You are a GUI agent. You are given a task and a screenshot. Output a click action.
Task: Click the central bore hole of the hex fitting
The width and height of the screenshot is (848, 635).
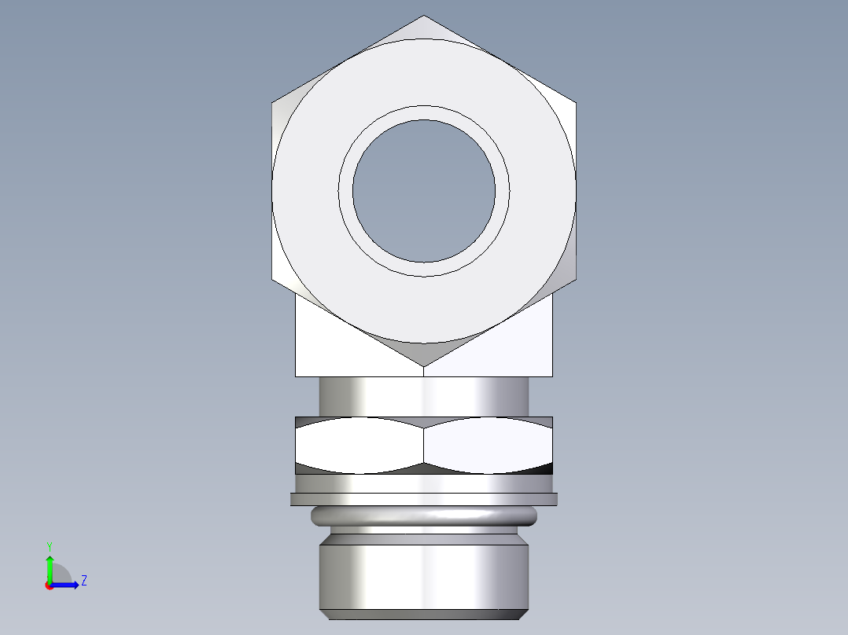(x=424, y=191)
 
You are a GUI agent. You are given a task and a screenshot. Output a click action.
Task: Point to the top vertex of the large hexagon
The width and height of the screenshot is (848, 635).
(x=424, y=16)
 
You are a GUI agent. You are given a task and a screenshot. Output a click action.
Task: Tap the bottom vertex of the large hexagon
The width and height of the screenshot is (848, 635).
(x=424, y=365)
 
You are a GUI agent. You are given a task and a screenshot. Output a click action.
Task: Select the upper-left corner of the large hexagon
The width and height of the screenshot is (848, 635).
(x=272, y=102)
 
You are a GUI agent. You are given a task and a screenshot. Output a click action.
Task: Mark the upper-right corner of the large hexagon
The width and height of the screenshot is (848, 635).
(x=576, y=102)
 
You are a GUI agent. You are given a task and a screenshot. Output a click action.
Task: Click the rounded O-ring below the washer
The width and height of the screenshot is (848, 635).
(x=424, y=516)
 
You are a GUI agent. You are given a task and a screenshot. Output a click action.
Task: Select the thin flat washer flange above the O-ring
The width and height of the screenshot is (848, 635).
(x=424, y=498)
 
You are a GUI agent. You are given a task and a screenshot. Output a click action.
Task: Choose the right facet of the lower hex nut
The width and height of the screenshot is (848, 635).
(x=488, y=446)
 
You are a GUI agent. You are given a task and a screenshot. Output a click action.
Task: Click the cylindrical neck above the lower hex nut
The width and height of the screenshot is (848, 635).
(x=424, y=396)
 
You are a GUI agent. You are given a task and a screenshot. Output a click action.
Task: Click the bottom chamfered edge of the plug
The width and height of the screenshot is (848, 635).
(x=424, y=614)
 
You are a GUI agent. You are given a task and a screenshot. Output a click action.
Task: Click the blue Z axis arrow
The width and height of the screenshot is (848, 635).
(x=67, y=584)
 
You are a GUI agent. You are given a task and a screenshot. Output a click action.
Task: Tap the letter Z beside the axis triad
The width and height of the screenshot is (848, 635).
(x=83, y=581)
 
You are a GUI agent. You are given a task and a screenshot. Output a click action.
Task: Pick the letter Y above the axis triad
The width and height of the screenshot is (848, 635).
(x=49, y=545)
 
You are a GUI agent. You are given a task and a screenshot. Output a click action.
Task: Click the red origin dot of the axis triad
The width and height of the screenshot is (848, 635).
(x=49, y=585)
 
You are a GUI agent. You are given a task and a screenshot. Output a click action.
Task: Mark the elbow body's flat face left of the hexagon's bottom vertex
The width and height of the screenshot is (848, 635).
(x=338, y=354)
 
